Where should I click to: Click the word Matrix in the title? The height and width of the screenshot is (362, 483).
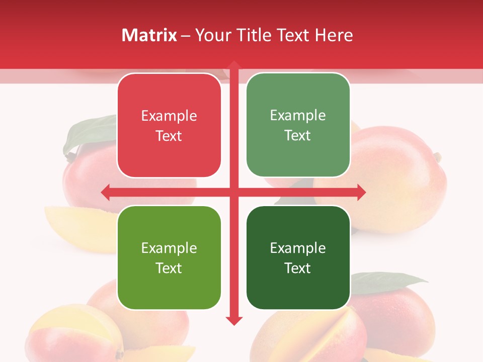(x=149, y=35)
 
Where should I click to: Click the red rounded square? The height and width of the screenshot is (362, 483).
(x=169, y=125)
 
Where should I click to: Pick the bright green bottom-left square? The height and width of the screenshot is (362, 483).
(x=169, y=257)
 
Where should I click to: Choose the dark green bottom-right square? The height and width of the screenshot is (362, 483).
(x=298, y=257)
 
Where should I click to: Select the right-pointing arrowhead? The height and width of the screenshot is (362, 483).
(x=361, y=192)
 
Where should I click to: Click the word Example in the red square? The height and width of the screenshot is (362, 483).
(x=169, y=116)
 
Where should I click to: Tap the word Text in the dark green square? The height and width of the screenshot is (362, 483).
(x=298, y=268)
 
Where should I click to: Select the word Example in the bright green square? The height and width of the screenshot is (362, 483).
(x=169, y=248)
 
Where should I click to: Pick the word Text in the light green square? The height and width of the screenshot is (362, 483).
(x=298, y=135)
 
